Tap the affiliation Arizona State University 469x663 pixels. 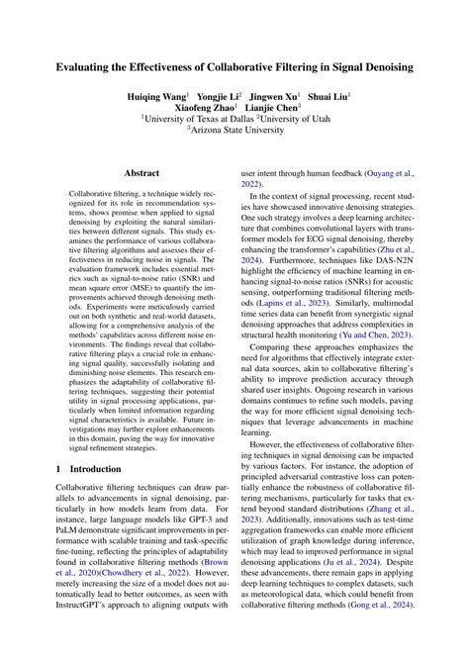click(237, 143)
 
